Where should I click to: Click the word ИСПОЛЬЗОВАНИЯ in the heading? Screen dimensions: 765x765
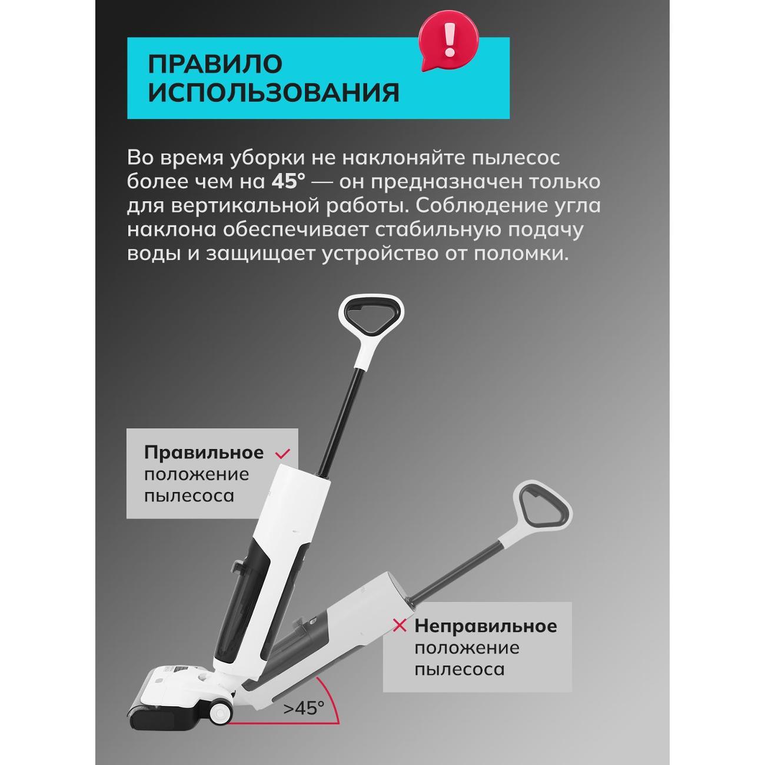273,93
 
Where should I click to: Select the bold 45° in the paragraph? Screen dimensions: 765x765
288,182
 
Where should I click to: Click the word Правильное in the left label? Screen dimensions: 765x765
204,453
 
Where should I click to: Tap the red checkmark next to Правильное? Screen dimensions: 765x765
284,453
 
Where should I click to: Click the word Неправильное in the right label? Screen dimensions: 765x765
485,625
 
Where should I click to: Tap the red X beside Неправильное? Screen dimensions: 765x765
400,626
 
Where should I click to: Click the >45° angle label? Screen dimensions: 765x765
304,708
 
